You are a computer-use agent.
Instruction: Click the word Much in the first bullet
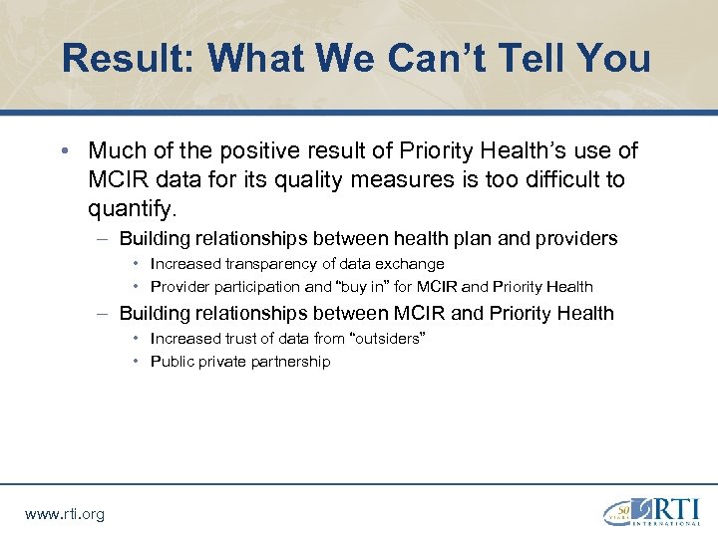click(115, 150)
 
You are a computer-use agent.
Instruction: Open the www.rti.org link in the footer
click(64, 514)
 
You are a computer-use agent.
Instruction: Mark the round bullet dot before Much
click(64, 151)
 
